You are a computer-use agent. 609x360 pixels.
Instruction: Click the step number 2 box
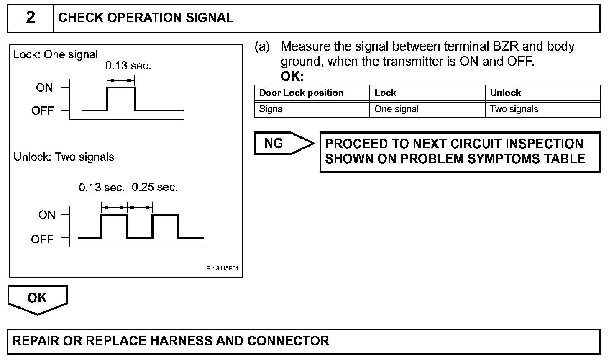[x=31, y=18]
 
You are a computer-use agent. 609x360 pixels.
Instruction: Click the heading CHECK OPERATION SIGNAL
[x=146, y=18]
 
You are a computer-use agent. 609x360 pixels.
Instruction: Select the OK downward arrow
[x=37, y=299]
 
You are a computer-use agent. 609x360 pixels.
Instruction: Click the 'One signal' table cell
[x=397, y=109]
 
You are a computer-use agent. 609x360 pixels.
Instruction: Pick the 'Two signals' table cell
[x=514, y=109]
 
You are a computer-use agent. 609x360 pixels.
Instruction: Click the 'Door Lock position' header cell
[x=301, y=93]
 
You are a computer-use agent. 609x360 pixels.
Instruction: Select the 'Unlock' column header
[x=505, y=93]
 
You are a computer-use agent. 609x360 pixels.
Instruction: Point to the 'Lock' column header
[x=385, y=93]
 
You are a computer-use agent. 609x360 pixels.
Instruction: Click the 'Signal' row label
[x=272, y=109]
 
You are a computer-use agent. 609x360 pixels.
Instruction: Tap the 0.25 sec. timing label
[x=155, y=188]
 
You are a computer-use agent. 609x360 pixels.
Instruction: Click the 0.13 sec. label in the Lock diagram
[x=128, y=66]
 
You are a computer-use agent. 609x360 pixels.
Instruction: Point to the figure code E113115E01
[x=222, y=269]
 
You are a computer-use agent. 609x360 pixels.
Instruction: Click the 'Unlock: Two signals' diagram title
[x=64, y=157]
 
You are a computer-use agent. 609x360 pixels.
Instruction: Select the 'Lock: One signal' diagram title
[x=56, y=55]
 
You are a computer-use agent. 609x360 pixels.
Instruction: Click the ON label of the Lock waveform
[x=44, y=88]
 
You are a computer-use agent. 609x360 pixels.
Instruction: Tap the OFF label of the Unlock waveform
[x=42, y=239]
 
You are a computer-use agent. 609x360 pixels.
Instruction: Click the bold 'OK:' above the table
[x=292, y=77]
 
